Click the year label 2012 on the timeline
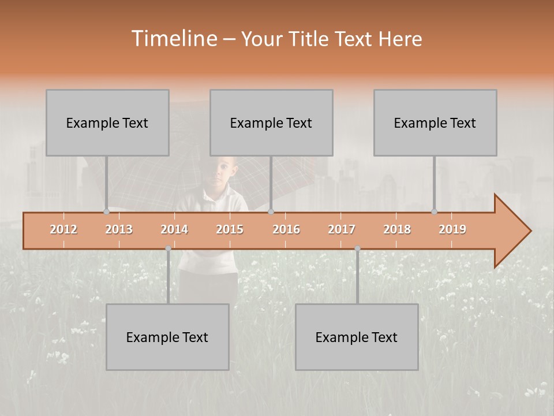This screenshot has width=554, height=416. [x=63, y=229]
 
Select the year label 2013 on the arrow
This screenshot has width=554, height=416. [x=119, y=229]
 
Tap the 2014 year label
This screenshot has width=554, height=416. [x=174, y=229]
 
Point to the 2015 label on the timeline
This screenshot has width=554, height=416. [x=230, y=229]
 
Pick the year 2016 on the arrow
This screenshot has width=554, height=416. [x=286, y=229]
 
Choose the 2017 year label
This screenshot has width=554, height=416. [x=342, y=229]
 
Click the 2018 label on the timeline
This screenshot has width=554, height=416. [x=397, y=229]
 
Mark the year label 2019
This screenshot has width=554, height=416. [x=452, y=229]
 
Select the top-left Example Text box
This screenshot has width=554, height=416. [x=107, y=122]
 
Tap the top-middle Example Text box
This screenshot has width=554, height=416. [x=271, y=122]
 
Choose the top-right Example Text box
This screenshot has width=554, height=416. [x=435, y=122]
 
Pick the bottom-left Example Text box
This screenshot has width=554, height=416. [x=167, y=337]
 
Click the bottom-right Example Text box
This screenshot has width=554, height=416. [x=357, y=337]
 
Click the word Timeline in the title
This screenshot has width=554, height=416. [x=174, y=39]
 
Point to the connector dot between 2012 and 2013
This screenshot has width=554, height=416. [x=106, y=211]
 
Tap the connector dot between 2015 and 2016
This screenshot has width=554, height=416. [x=271, y=211]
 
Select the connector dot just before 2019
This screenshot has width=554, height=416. [x=435, y=211]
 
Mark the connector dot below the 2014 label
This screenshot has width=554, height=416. [x=168, y=248]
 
